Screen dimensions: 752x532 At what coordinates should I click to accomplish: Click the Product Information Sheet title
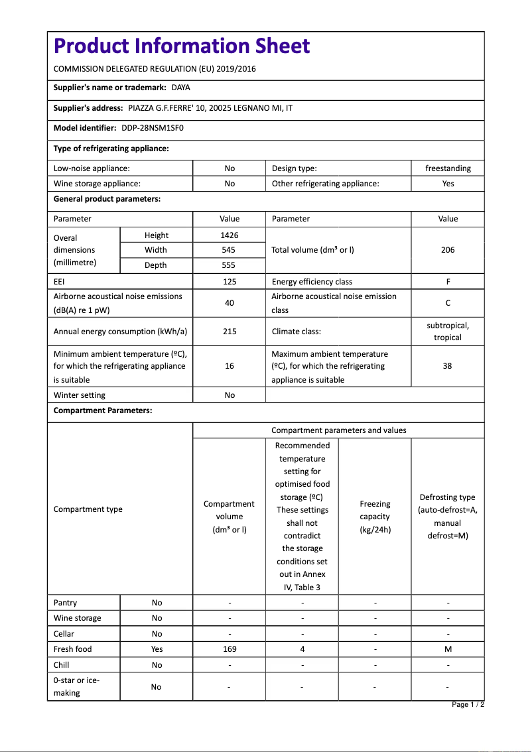coord(182,46)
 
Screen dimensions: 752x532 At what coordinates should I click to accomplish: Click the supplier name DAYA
coord(181,88)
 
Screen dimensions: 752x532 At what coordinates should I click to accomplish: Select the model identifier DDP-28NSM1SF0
coord(152,127)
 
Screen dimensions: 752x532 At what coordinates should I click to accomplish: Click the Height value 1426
coord(230,235)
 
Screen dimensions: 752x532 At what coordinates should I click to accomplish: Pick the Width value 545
coord(230,250)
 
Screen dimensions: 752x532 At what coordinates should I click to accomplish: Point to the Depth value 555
coord(230,265)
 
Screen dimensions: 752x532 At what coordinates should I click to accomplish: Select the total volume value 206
coord(448,250)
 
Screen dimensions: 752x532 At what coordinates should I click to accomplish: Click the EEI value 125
coord(230,282)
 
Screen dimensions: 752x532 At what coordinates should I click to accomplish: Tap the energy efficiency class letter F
coord(448,282)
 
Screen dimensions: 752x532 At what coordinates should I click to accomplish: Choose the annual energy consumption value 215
coord(230,331)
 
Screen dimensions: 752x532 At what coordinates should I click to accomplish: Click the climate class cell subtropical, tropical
coord(448,332)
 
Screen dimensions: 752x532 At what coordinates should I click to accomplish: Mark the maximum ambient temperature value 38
coord(448,366)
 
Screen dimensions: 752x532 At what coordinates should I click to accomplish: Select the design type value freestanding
coord(448,168)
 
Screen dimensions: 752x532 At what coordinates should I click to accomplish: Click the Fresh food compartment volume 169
coord(230,649)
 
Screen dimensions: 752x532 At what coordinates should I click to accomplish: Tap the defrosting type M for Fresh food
coord(448,649)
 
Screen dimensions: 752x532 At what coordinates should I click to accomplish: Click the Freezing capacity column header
coord(375,517)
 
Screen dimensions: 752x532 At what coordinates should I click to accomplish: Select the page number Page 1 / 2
coord(468,704)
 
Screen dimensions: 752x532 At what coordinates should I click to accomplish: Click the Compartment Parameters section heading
coord(103,410)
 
